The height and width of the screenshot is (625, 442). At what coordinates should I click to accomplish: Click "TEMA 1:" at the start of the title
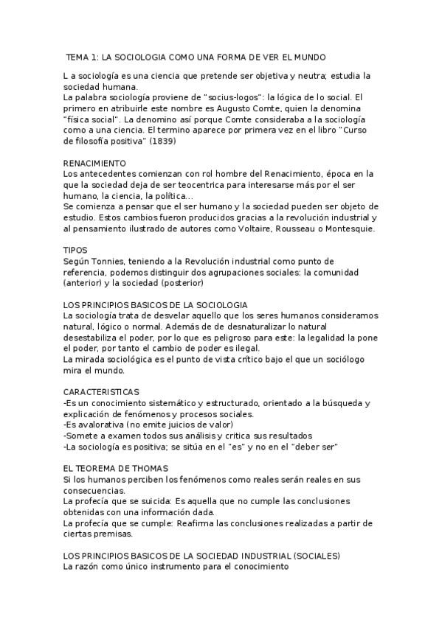point(81,57)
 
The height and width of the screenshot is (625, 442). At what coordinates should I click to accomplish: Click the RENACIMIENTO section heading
point(94,163)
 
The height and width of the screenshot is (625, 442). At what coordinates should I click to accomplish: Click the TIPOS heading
point(75,251)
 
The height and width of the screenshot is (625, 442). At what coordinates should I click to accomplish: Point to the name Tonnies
point(114,261)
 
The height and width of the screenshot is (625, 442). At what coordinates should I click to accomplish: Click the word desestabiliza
point(94,338)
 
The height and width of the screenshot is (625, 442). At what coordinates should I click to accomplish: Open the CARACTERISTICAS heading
point(101,391)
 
